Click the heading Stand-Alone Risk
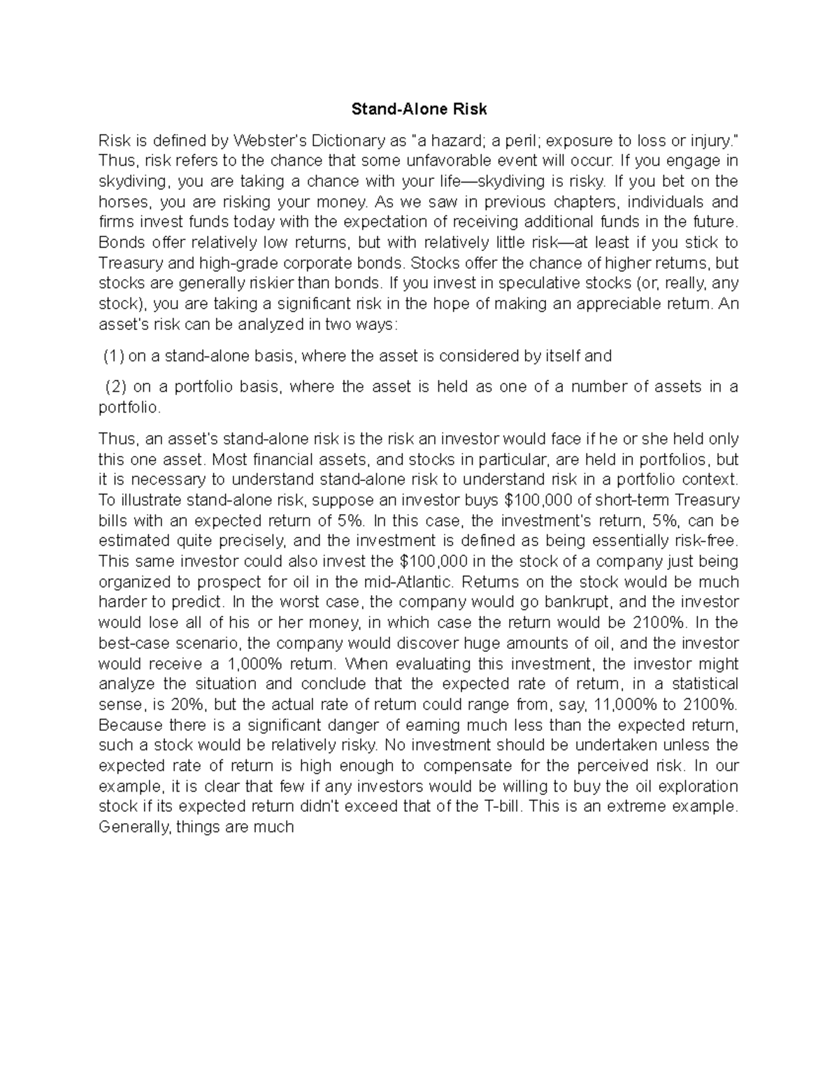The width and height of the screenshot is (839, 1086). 419,109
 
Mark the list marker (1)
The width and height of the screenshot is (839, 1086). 114,356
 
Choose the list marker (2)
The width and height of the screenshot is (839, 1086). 117,387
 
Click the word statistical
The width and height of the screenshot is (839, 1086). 701,684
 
